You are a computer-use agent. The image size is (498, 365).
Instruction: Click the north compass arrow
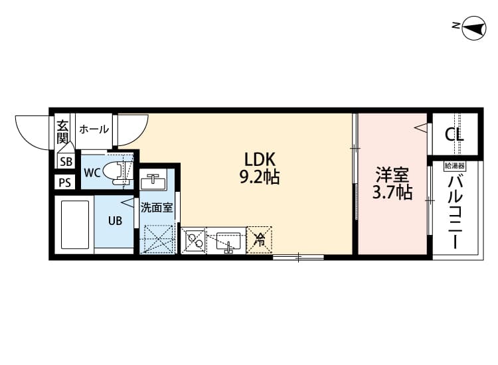(x=473, y=27)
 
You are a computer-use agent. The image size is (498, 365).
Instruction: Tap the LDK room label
(x=260, y=159)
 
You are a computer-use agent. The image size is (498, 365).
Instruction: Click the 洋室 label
(x=392, y=175)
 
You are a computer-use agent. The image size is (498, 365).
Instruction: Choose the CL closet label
(x=455, y=135)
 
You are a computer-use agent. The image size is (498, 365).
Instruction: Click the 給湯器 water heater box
(x=455, y=165)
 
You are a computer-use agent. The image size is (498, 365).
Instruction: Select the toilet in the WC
(x=120, y=171)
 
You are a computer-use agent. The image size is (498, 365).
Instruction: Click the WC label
(x=92, y=173)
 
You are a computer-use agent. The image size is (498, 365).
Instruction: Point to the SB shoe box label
(x=66, y=161)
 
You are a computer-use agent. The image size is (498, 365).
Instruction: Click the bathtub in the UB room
(x=75, y=224)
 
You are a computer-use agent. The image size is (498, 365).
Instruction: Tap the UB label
(x=115, y=221)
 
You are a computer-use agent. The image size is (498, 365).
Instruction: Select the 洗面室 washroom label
(x=156, y=207)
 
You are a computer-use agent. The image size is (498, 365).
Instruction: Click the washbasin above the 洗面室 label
(x=154, y=181)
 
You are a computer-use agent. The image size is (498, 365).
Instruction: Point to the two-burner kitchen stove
(x=195, y=239)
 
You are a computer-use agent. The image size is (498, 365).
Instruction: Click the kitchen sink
(x=226, y=240)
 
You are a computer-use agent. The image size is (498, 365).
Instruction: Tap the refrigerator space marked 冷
(x=260, y=239)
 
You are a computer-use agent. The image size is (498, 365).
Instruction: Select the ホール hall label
(x=94, y=129)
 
